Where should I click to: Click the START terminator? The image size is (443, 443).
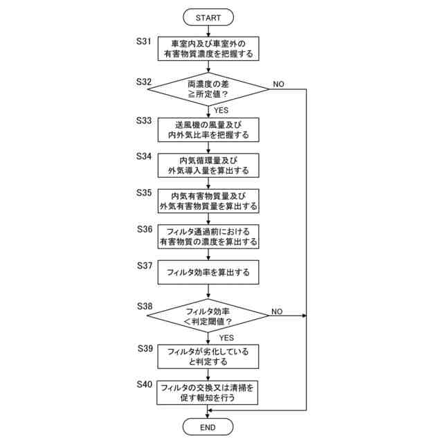pos(208,17)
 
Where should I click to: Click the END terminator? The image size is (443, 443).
pos(208,427)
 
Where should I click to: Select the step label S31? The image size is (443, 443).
pos(144,42)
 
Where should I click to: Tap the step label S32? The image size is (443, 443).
pos(144,82)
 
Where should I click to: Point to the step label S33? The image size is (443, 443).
pos(144,120)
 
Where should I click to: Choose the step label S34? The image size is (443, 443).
pos(144,156)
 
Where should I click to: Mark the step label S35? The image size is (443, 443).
pos(144,192)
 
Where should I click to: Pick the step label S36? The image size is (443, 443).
pos(145,229)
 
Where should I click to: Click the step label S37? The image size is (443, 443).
pos(145,266)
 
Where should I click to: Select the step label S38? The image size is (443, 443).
pos(145,306)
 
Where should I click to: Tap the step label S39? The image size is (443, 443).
pos(145,349)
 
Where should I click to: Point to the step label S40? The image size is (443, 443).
pos(145,384)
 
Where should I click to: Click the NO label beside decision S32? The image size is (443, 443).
pos(278,84)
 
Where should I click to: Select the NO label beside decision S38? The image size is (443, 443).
pos(277,311)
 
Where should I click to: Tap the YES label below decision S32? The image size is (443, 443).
pos(221,110)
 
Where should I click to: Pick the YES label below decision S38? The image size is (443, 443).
pos(226,338)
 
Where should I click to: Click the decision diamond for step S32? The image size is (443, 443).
pos(208,89)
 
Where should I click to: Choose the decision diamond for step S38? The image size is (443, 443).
pos(208,316)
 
